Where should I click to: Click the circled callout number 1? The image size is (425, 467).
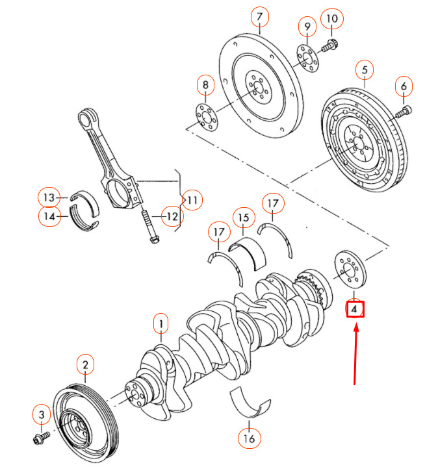point(161,323)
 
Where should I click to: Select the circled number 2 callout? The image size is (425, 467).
point(84,365)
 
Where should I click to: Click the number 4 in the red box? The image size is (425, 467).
point(354,309)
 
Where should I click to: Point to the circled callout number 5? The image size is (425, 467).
point(365,69)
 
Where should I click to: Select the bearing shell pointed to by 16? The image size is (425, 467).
point(252,403)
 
